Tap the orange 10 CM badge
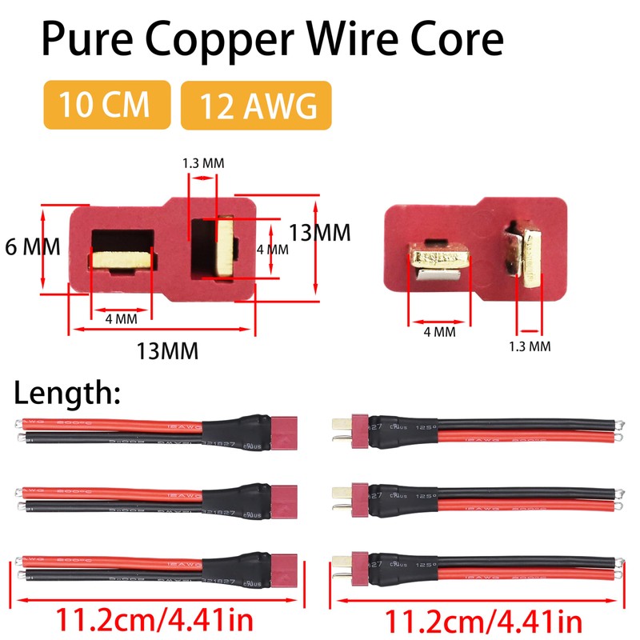[107, 105]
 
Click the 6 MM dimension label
[32, 246]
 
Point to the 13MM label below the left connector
[167, 350]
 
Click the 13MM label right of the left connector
[319, 233]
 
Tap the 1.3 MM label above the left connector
[203, 163]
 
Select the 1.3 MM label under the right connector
[530, 346]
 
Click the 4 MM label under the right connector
[439, 331]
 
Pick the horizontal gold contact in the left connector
[122, 259]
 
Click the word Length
[67, 393]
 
